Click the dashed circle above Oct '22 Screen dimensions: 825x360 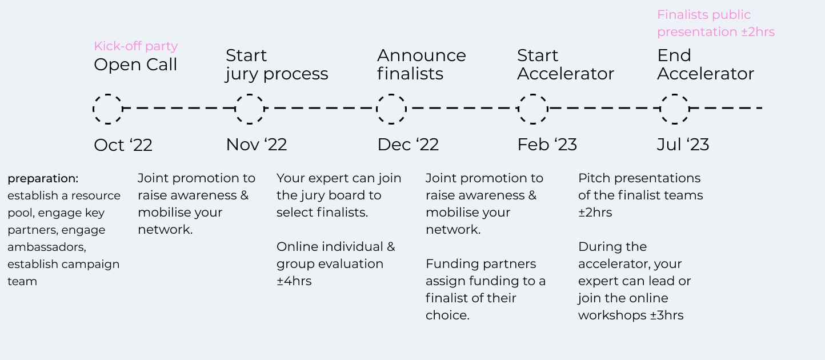(x=94, y=109)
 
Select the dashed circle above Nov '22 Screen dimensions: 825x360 (x=235, y=109)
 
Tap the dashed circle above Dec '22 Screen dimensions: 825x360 (x=377, y=109)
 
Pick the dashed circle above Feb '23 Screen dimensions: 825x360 (x=519, y=109)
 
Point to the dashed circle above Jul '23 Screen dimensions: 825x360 (x=660, y=109)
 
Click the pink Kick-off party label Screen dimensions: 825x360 (x=135, y=46)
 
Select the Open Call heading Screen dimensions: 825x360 (x=135, y=65)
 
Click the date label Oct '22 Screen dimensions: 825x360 (x=123, y=145)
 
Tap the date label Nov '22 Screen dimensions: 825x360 (x=257, y=145)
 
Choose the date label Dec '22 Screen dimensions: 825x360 (x=408, y=145)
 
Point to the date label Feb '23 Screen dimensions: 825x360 (x=547, y=145)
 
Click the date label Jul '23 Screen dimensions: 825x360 (x=683, y=145)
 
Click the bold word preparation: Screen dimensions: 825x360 (x=43, y=179)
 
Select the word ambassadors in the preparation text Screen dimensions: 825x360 (x=46, y=247)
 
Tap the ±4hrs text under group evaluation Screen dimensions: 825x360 (x=294, y=281)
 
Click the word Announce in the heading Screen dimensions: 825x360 (x=422, y=55)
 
